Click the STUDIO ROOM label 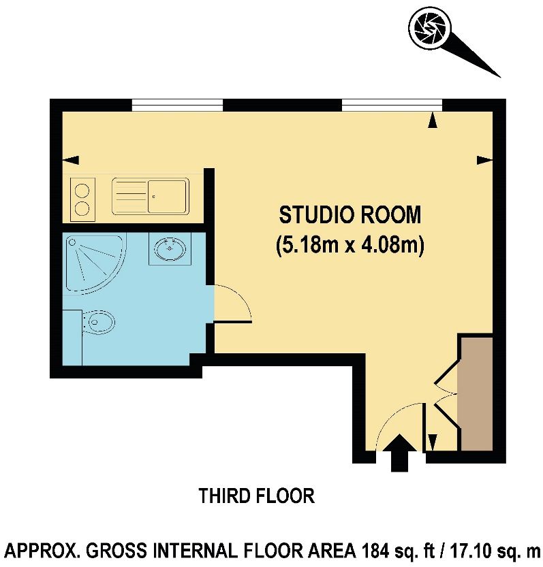click(x=350, y=215)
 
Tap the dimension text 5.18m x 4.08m click(x=350, y=244)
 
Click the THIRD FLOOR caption click(x=257, y=496)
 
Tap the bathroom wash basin click(x=170, y=249)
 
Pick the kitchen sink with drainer click(x=150, y=196)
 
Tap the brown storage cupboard click(x=475, y=393)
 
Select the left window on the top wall click(x=177, y=104)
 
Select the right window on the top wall click(x=391, y=104)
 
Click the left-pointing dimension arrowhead click(x=70, y=160)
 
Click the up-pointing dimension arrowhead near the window click(x=432, y=120)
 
